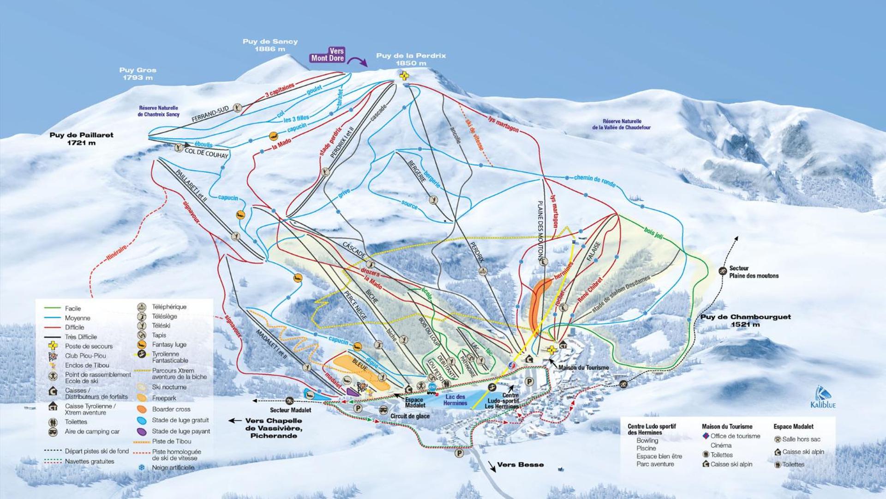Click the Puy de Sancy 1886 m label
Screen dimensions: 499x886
coord(270,45)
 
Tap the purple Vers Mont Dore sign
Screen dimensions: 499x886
coord(328,55)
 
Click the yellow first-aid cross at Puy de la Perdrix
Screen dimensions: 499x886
coord(404,76)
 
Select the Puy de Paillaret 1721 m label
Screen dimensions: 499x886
coord(81,139)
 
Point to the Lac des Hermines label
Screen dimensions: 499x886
coord(455,400)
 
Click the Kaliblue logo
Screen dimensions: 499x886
coord(823,398)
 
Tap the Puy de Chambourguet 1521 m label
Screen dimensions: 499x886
coord(745,320)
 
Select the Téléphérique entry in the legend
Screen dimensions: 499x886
coord(169,307)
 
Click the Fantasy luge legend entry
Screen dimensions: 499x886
coord(169,345)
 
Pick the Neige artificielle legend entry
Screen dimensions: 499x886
coord(173,468)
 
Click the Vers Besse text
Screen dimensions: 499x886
coord(520,465)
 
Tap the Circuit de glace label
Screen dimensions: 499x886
coord(410,416)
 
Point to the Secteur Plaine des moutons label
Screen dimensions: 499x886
coord(754,272)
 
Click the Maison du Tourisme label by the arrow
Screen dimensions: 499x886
coord(583,368)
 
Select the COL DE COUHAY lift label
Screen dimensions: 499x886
coord(206,153)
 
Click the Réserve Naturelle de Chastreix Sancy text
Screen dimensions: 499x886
coord(158,111)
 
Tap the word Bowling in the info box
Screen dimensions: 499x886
coord(647,441)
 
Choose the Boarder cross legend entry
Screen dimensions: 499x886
coord(171,409)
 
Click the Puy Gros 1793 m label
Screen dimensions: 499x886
coord(138,74)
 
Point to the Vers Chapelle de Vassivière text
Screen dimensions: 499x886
coord(273,428)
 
